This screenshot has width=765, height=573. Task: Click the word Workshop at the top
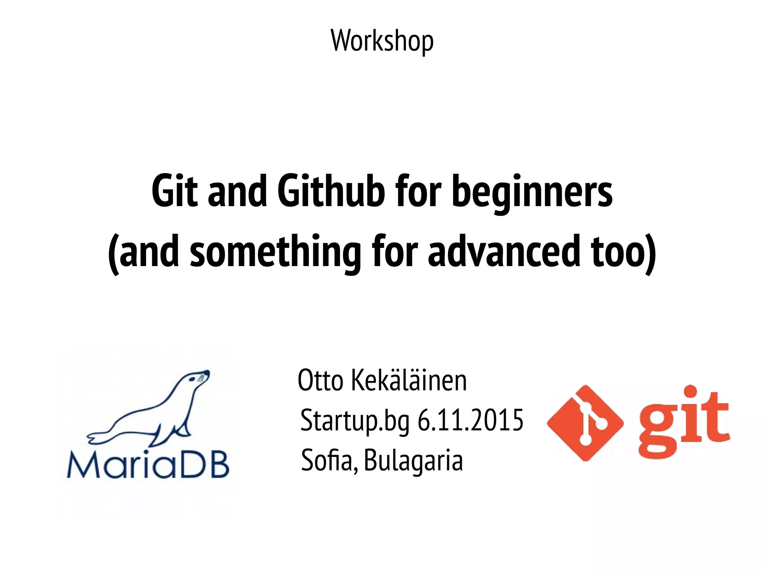pos(382,41)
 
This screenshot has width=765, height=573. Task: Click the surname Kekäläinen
pos(409,380)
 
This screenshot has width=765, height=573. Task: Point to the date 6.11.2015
pos(470,420)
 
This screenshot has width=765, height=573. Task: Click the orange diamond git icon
pos(585,423)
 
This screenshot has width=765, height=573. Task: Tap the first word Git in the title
pos(174,191)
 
